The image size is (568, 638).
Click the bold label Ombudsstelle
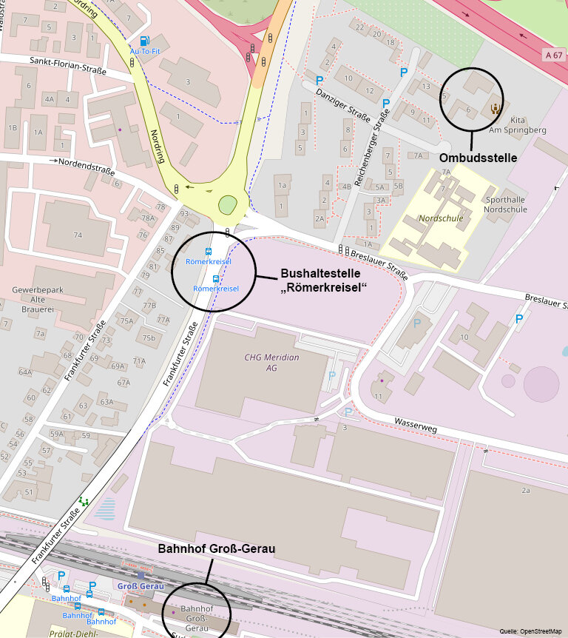477,158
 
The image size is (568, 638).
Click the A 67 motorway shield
552,55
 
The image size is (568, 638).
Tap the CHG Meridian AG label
272,362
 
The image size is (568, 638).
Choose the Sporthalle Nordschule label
505,204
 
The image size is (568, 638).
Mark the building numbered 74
77,235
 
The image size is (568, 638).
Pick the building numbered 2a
526,490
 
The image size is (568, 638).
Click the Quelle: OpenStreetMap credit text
530,631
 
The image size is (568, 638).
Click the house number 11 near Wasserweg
378,397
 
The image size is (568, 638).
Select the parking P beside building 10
519,319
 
